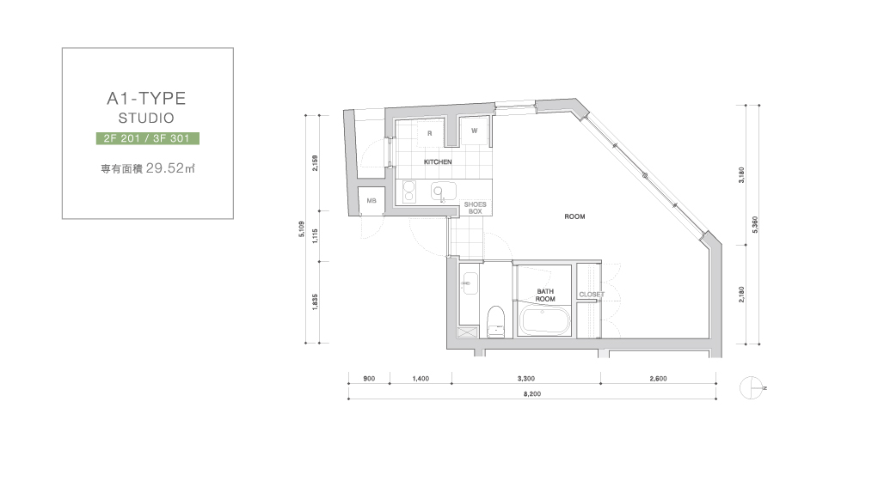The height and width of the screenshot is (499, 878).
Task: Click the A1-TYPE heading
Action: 146,99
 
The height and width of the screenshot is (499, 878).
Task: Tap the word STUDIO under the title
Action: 146,118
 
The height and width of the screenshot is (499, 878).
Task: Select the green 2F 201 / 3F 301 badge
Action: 148,138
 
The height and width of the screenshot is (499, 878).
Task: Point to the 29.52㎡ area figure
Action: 170,167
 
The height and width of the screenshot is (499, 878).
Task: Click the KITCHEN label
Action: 438,161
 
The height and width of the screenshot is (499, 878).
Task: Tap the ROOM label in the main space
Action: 574,216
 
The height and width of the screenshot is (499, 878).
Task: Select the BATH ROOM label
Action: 545,295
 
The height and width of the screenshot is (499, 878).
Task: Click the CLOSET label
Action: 592,295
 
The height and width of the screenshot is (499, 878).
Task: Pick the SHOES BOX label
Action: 475,208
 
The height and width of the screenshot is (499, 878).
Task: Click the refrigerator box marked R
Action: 430,134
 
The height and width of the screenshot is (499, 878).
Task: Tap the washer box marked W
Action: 475,131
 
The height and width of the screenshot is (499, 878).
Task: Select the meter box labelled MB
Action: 371,201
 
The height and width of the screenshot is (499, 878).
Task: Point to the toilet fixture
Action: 496,321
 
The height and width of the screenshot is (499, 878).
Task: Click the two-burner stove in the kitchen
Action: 409,192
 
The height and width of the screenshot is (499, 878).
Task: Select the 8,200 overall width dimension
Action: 532,394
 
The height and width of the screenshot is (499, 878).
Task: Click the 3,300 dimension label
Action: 525,379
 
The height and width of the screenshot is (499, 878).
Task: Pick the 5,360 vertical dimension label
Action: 755,224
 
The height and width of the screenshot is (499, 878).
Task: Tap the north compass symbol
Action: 752,387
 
